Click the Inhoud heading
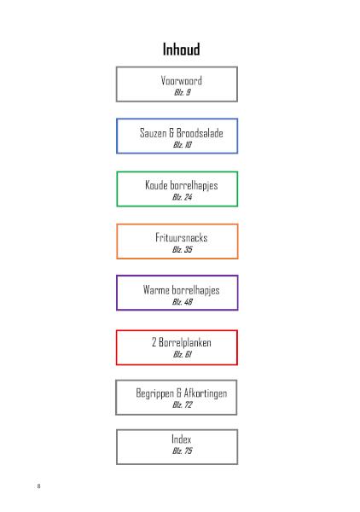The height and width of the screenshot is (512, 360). click(x=181, y=49)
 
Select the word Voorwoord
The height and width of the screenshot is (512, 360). click(x=182, y=81)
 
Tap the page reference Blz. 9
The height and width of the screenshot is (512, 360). click(x=182, y=92)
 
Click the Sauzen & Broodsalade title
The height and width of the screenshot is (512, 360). click(x=182, y=133)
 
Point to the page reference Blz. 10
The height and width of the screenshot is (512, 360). click(x=183, y=145)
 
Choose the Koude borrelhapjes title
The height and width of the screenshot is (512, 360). click(x=182, y=185)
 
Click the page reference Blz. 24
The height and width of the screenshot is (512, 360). click(x=183, y=197)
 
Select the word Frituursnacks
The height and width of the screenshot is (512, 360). click(x=182, y=237)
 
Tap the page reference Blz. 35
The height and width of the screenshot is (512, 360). click(x=183, y=249)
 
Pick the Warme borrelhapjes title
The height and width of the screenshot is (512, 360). click(x=182, y=290)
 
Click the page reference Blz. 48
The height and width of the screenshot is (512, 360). click(x=183, y=302)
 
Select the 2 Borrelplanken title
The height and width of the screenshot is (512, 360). click(x=182, y=342)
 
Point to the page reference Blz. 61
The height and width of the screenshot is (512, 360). click(x=183, y=354)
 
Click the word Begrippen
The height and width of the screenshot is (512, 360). click(x=155, y=393)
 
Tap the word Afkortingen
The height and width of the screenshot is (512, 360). click(x=206, y=393)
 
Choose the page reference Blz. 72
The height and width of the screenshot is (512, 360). click(x=183, y=404)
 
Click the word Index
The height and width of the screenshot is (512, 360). click(x=182, y=439)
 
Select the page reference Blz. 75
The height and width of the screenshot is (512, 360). click(x=183, y=451)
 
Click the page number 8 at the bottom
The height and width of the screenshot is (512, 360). click(x=38, y=486)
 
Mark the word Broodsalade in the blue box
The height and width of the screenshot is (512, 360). click(x=200, y=133)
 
